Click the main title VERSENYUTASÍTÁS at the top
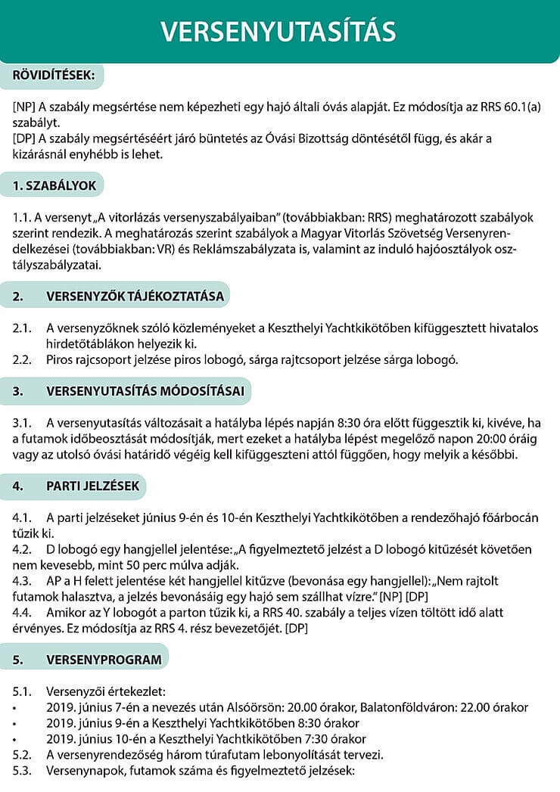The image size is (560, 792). [279, 32]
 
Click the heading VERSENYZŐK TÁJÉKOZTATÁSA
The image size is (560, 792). [135, 296]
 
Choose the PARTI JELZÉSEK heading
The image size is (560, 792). [93, 486]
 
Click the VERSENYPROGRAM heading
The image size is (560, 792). [104, 659]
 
